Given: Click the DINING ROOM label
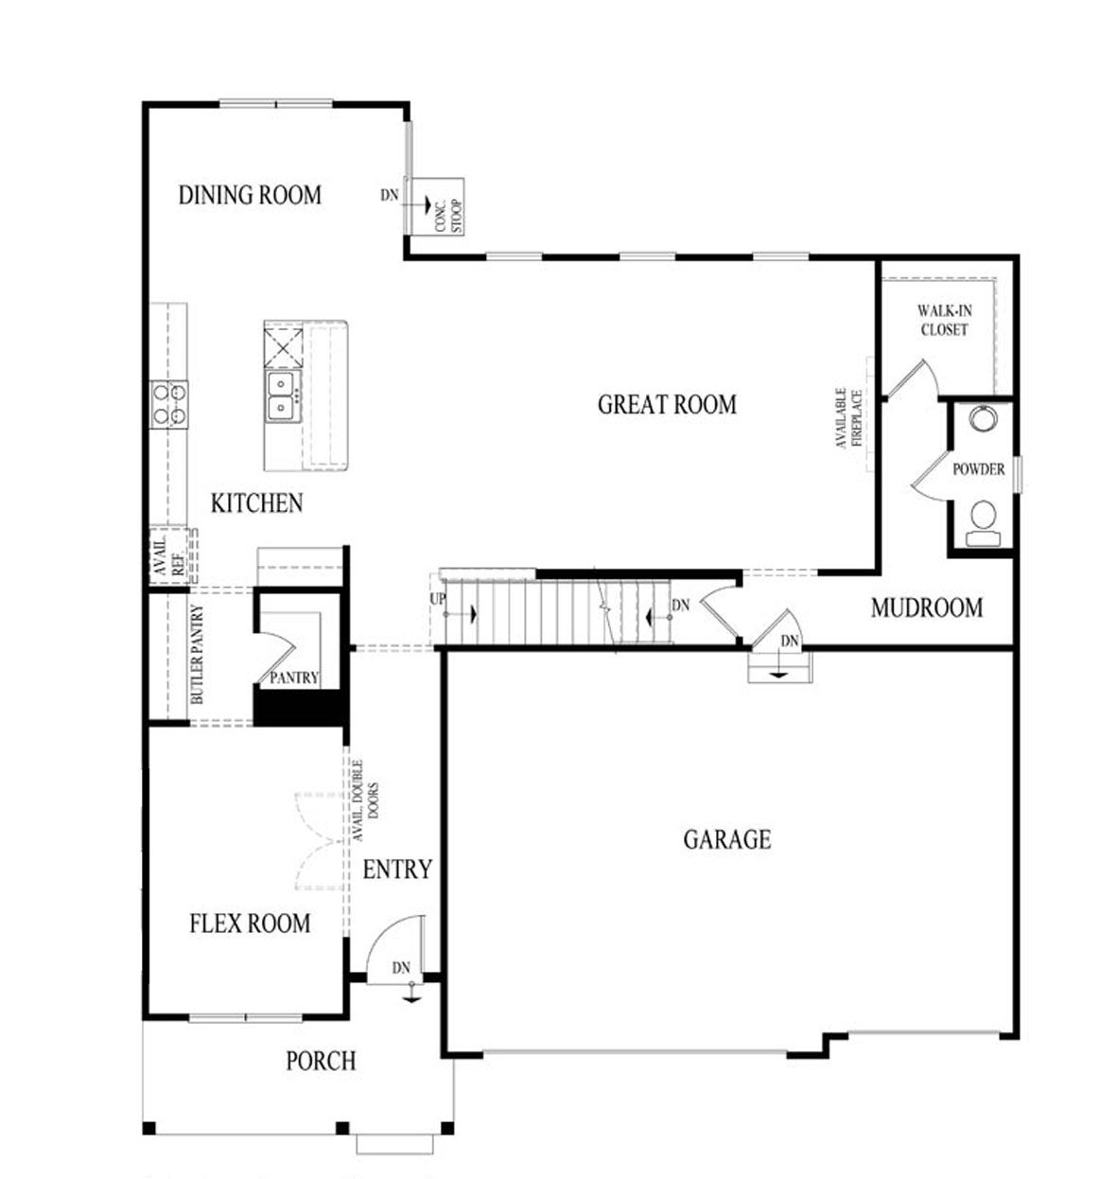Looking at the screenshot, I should [250, 195].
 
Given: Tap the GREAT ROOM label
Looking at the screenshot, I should [667, 405].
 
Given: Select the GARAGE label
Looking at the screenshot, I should [726, 839].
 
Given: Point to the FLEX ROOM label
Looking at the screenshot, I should [250, 924].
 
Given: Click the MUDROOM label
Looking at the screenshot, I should [926, 607].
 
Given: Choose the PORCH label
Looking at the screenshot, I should [321, 1062].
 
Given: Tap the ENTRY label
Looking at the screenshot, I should [397, 870].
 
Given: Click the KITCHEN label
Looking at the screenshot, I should [256, 503].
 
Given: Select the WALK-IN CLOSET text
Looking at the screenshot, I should [943, 321].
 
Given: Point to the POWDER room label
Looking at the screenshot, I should [978, 469].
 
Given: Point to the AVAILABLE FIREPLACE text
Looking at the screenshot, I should [849, 417].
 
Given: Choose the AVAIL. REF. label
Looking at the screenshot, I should [167, 556].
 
